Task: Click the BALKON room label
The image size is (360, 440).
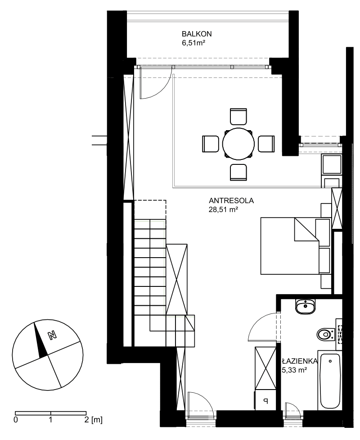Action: [x=197, y=34]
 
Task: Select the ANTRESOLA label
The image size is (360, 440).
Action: [x=231, y=201]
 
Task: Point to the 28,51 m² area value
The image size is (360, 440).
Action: [x=224, y=209]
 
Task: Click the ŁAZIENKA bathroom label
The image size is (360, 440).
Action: [x=300, y=361]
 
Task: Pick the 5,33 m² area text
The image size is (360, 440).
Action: [x=294, y=370]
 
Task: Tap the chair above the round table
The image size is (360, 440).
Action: [x=238, y=116]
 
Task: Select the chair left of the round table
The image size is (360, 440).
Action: [x=210, y=144]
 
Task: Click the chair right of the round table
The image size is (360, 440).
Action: [x=266, y=144]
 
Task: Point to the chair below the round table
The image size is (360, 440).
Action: [x=238, y=172]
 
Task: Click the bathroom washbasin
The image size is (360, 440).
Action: [x=305, y=306]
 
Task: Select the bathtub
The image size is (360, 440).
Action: [x=330, y=381]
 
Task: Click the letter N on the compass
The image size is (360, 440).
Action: [x=52, y=336]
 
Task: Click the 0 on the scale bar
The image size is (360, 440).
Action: [x=16, y=420]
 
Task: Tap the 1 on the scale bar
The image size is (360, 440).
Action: [x=50, y=420]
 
